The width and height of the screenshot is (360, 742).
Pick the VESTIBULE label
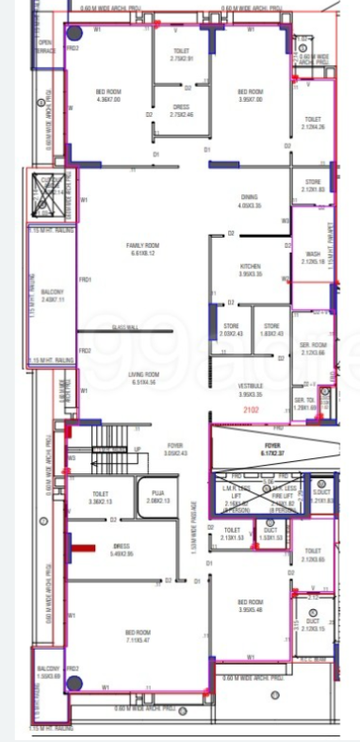pos(249,388)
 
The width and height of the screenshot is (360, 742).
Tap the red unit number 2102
pos(251,411)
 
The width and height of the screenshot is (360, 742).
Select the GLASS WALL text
pos(125,325)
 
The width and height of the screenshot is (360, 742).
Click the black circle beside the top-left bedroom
pos(72,34)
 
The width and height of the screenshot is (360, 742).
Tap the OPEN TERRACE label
pos(44,45)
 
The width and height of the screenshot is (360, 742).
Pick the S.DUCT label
pos(320,492)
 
